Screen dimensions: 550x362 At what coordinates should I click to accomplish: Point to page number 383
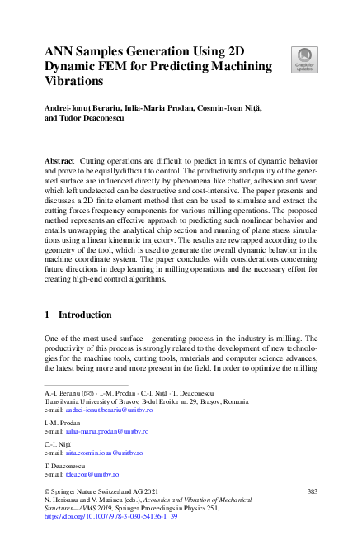(313, 491)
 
